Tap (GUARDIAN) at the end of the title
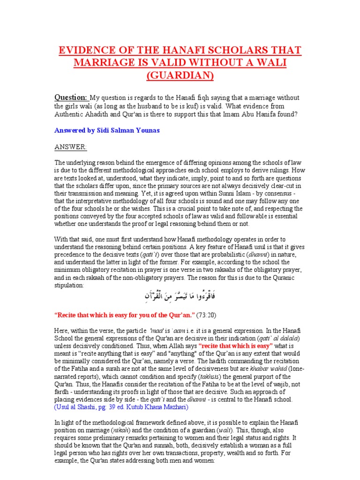tap(180, 75)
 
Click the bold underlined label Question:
tap(71, 97)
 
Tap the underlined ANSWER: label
tap(70, 147)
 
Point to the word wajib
tap(273, 384)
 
